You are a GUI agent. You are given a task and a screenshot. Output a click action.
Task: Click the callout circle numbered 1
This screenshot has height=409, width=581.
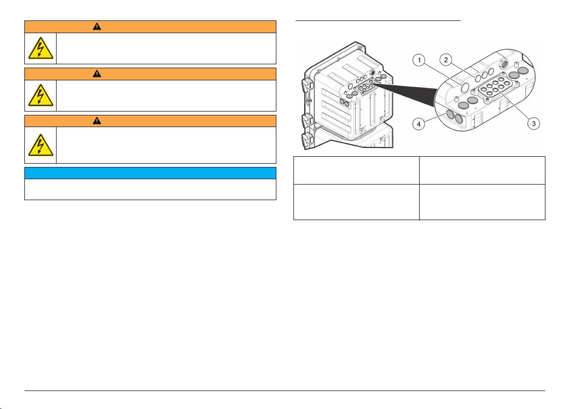(419, 60)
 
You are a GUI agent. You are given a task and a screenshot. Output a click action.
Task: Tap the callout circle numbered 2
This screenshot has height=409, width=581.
(446, 59)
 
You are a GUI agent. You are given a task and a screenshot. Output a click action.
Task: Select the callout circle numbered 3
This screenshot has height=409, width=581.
(534, 124)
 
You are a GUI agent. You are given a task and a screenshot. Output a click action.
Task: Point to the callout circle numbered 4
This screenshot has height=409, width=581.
(419, 124)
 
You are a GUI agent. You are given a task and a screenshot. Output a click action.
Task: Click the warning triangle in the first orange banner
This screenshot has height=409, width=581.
(97, 27)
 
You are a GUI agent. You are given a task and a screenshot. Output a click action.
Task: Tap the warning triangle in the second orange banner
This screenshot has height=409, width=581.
(97, 74)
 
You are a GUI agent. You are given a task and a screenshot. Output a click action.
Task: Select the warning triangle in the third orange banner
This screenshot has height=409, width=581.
(97, 121)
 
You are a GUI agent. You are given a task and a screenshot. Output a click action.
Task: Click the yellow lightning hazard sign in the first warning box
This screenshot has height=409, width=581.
(40, 49)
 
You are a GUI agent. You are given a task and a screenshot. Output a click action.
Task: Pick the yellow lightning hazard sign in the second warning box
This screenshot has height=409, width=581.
(40, 95)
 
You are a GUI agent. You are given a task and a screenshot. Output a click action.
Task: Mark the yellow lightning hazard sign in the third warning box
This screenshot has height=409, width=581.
(40, 145)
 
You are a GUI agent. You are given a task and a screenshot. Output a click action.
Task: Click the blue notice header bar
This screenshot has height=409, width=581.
(150, 173)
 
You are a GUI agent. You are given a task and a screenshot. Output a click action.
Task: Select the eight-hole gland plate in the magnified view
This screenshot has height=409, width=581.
(493, 88)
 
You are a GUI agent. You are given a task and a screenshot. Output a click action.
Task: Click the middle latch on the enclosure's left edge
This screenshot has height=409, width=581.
(308, 120)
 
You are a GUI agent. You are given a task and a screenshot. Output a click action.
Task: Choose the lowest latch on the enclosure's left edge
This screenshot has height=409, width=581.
(308, 140)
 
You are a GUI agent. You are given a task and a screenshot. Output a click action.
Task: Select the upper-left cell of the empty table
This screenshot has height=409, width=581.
(356, 170)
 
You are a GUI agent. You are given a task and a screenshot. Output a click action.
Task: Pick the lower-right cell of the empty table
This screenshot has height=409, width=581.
(482, 202)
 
